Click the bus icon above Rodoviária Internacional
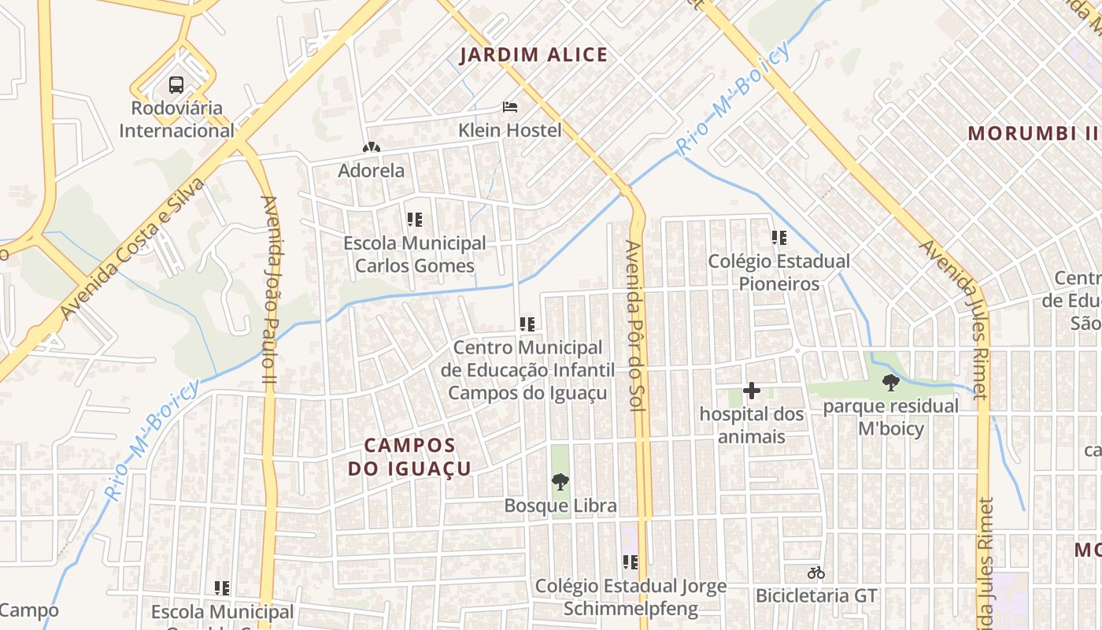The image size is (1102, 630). [x=176, y=85]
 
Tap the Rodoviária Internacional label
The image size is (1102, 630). [x=176, y=119]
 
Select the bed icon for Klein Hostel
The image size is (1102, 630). [x=510, y=106]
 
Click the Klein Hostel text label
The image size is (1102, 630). [x=510, y=130]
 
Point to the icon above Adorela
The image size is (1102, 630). [x=371, y=147]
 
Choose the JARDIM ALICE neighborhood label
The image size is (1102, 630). [x=534, y=55]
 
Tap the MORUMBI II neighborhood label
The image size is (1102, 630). [x=1032, y=133]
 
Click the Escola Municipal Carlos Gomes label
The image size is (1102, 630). [x=415, y=254]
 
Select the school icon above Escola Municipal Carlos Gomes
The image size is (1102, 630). [x=415, y=220]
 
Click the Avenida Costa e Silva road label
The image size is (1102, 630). [x=131, y=249]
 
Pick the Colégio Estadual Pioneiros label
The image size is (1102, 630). [x=778, y=272]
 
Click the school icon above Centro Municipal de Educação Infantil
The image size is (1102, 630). [x=527, y=324]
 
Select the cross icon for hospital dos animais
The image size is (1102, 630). [x=752, y=390]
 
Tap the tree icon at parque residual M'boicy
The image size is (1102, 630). [x=890, y=383]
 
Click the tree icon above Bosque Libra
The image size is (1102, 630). [x=560, y=481]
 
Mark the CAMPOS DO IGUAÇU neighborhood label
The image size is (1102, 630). [x=409, y=458]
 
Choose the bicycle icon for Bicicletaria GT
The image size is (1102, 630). [x=816, y=573]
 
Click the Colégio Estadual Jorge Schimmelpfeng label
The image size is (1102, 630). [x=631, y=597]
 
